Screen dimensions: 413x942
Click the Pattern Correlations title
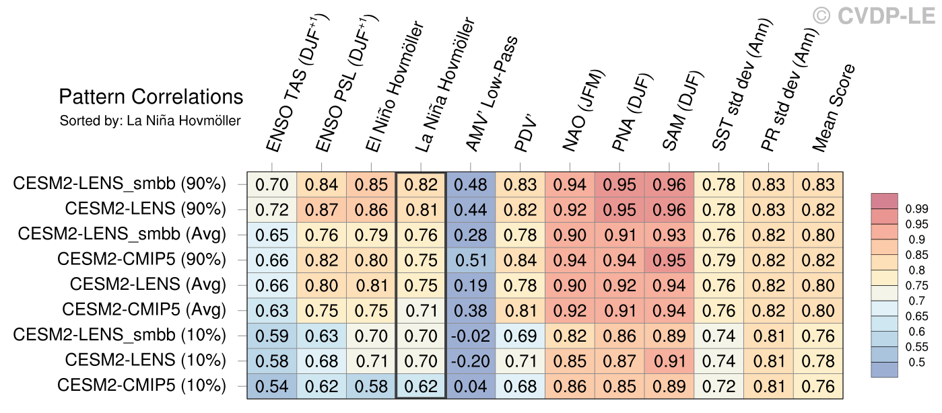pyautogui.click(x=151, y=97)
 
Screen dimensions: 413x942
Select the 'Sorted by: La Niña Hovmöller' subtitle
pyautogui.click(x=150, y=121)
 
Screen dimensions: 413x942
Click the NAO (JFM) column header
pyautogui.click(x=584, y=111)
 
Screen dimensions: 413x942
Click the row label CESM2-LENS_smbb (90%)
pyautogui.click(x=120, y=184)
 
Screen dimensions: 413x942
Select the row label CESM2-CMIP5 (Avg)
pyautogui.click(x=144, y=310)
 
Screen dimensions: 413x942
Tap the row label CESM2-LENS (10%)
pyautogui.click(x=145, y=361)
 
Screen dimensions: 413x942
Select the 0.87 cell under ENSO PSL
pyautogui.click(x=321, y=209)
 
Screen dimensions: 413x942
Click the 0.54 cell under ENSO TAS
pyautogui.click(x=271, y=387)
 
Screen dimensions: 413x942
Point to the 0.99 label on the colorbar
pyautogui.click(x=916, y=209)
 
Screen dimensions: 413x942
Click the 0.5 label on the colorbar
pyautogui.click(x=913, y=363)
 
